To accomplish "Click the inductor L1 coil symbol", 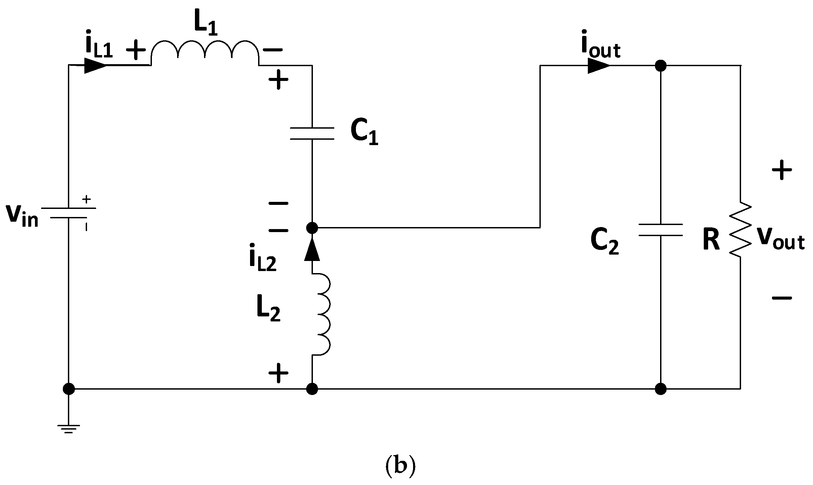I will coord(205,54).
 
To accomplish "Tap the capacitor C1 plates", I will coord(312,133).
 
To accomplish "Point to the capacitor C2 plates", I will coord(660,230).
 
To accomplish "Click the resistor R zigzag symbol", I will coord(740,230).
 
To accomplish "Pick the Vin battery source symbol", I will coord(69,213).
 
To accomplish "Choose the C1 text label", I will coord(364,133).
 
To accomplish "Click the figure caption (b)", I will coord(400,467).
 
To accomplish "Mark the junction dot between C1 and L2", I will coord(312,228).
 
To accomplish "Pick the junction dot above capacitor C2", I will coord(660,65).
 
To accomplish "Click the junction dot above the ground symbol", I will coord(69,389).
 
